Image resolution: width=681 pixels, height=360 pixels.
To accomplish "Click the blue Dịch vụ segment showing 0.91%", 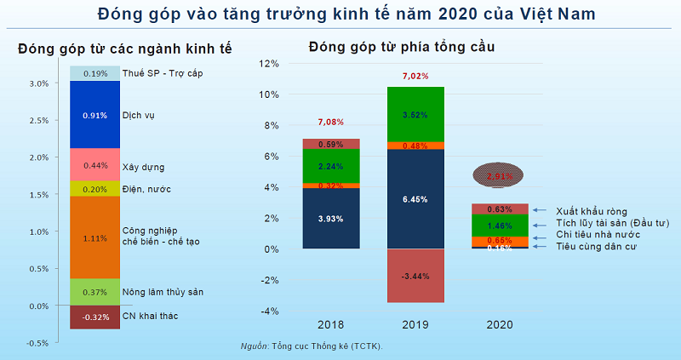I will click(94, 115).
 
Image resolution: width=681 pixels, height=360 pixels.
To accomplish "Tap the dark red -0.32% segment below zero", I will click(94, 317).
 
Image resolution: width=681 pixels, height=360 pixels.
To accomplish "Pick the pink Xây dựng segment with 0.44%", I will click(94, 165).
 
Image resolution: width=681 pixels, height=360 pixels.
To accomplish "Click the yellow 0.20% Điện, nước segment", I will click(94, 189).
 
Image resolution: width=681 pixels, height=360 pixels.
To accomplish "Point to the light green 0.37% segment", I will click(94, 292).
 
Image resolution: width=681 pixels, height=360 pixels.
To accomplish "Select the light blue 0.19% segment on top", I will click(94, 74).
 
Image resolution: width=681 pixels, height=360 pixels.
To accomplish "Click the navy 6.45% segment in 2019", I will click(415, 199).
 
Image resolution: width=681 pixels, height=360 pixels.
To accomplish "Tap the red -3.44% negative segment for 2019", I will click(415, 276).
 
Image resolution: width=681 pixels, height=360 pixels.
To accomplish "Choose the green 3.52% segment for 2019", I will click(415, 114).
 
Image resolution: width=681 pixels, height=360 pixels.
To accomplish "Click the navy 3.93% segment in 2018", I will click(330, 218).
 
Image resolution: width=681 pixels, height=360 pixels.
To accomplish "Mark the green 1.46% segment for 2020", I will click(499, 226).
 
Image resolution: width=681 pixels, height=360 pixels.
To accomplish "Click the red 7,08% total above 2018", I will click(330, 122).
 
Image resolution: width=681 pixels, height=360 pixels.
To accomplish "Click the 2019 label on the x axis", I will click(415, 324).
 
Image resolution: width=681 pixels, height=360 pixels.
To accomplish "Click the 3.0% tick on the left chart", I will click(37, 83).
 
